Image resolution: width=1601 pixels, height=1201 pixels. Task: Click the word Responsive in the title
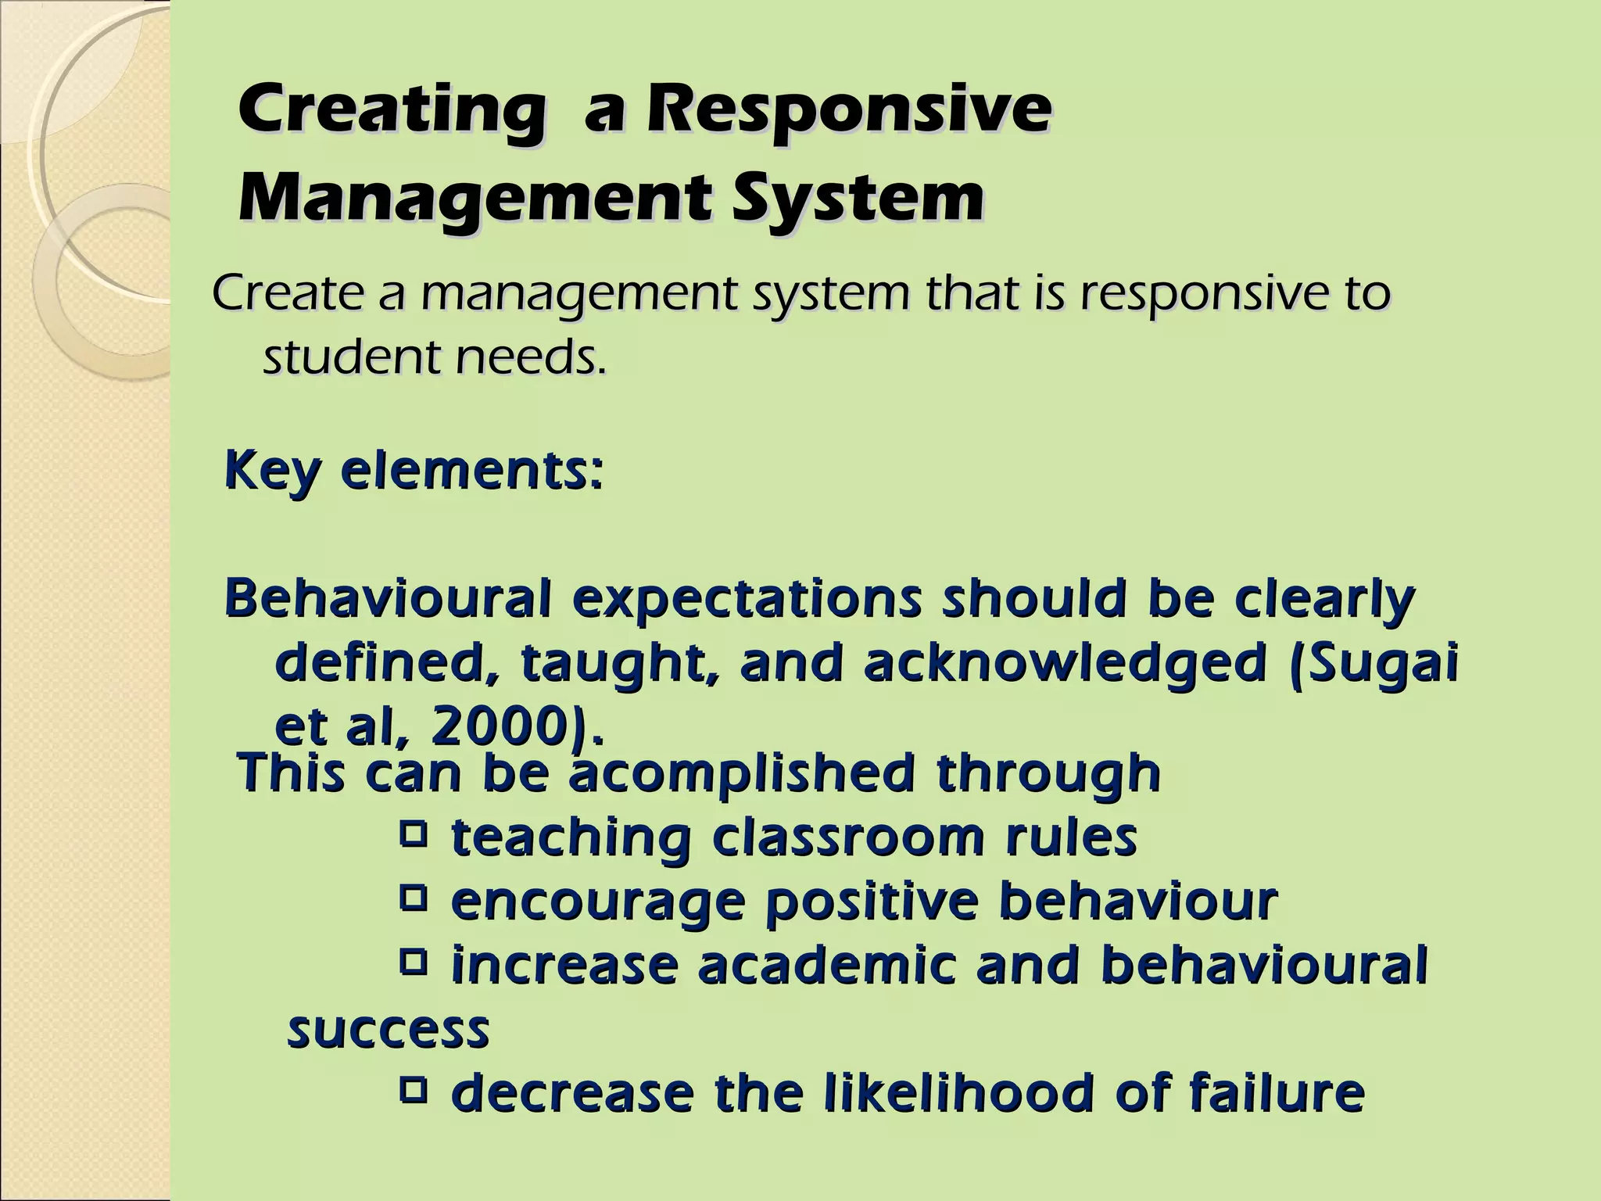[847, 112]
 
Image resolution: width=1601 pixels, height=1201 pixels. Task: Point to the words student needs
[435, 359]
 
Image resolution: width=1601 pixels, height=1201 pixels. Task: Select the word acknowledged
[1064, 663]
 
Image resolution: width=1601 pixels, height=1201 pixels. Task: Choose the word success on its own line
[389, 1030]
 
